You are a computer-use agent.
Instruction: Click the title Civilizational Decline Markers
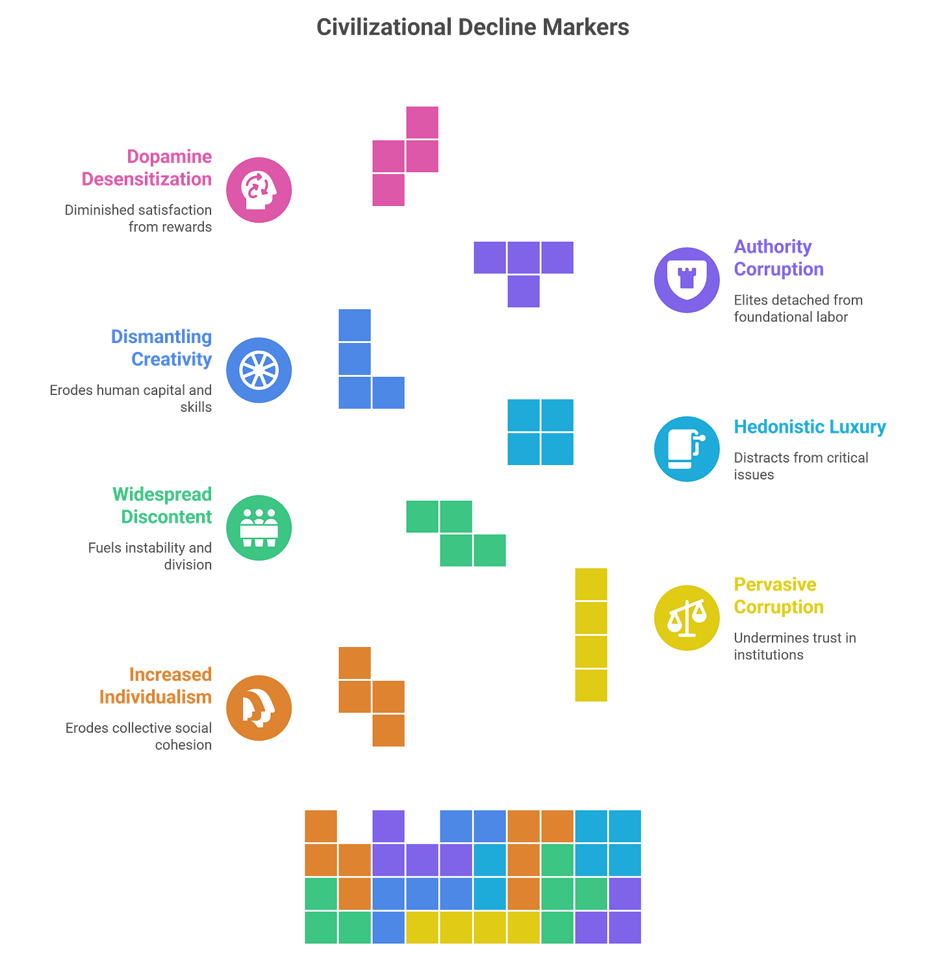coord(472,27)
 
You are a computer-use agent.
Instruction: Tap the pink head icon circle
coord(259,190)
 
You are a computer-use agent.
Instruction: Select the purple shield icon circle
coord(687,280)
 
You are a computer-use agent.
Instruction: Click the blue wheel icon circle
coord(259,370)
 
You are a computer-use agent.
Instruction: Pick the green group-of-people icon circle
coord(259,527)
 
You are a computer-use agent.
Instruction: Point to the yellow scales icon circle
coord(687,617)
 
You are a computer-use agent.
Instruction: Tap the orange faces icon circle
coord(259,708)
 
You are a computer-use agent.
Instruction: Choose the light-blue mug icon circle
coord(687,448)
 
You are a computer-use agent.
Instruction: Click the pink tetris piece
coord(406,157)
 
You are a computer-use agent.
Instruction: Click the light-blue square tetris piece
coord(541,432)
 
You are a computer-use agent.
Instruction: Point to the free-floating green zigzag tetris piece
coord(456,533)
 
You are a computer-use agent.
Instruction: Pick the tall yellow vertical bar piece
coord(591,635)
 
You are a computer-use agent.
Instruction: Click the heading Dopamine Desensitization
coord(147,168)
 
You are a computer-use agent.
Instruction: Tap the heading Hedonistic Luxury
coord(810,427)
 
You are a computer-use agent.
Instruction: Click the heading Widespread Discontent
coord(162,505)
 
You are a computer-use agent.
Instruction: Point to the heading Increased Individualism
coord(156,685)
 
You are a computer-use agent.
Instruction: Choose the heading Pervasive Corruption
coord(778,596)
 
